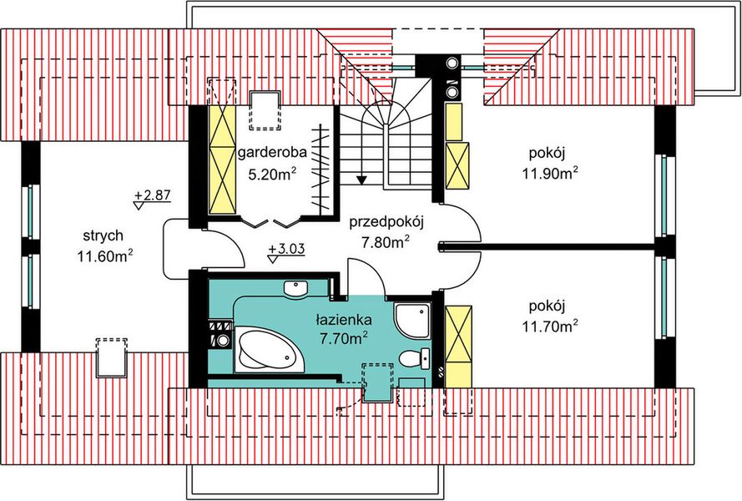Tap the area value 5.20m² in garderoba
tap(270, 175)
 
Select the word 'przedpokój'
tap(387, 222)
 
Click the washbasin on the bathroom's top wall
tap(295, 289)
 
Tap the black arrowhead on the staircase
tap(361, 178)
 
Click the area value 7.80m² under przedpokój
tap(384, 243)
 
